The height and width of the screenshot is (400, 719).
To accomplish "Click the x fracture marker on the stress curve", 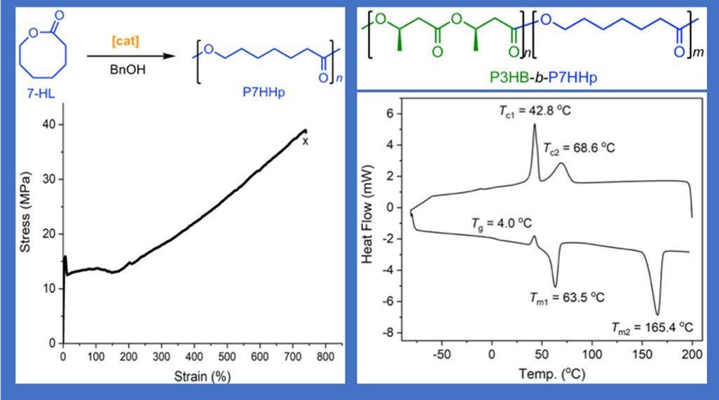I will click(x=305, y=142).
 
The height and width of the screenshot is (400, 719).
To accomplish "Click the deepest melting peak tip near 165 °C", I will click(x=657, y=315).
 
